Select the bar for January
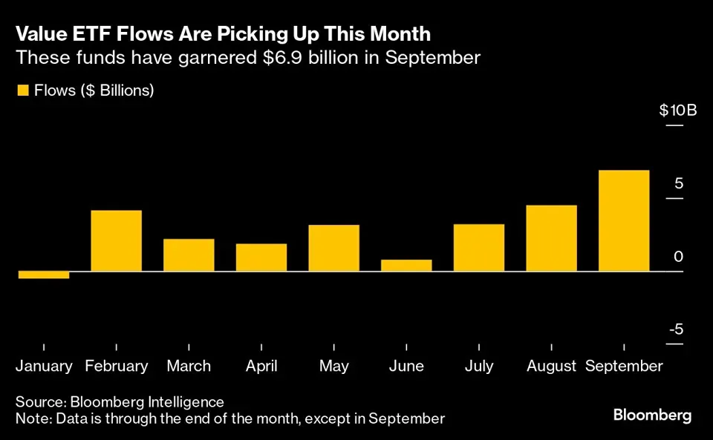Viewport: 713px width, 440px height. click(44, 275)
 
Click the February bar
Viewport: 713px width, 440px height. click(117, 241)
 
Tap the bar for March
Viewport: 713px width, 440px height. click(189, 255)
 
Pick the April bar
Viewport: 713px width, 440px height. click(261, 257)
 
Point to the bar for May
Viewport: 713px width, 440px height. click(334, 248)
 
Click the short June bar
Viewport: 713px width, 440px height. click(406, 266)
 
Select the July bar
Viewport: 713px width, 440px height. click(479, 248)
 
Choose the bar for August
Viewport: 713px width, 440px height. click(552, 238)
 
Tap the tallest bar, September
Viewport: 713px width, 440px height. click(624, 221)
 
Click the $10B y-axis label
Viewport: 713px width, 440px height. click(677, 111)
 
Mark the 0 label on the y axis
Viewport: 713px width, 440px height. click(678, 257)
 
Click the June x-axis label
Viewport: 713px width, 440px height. click(406, 367)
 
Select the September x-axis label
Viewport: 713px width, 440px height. click(624, 367)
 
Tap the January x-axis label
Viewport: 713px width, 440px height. click(45, 367)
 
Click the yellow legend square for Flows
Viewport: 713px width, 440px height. click(22, 91)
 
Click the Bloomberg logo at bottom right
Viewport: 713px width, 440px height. click(652, 415)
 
